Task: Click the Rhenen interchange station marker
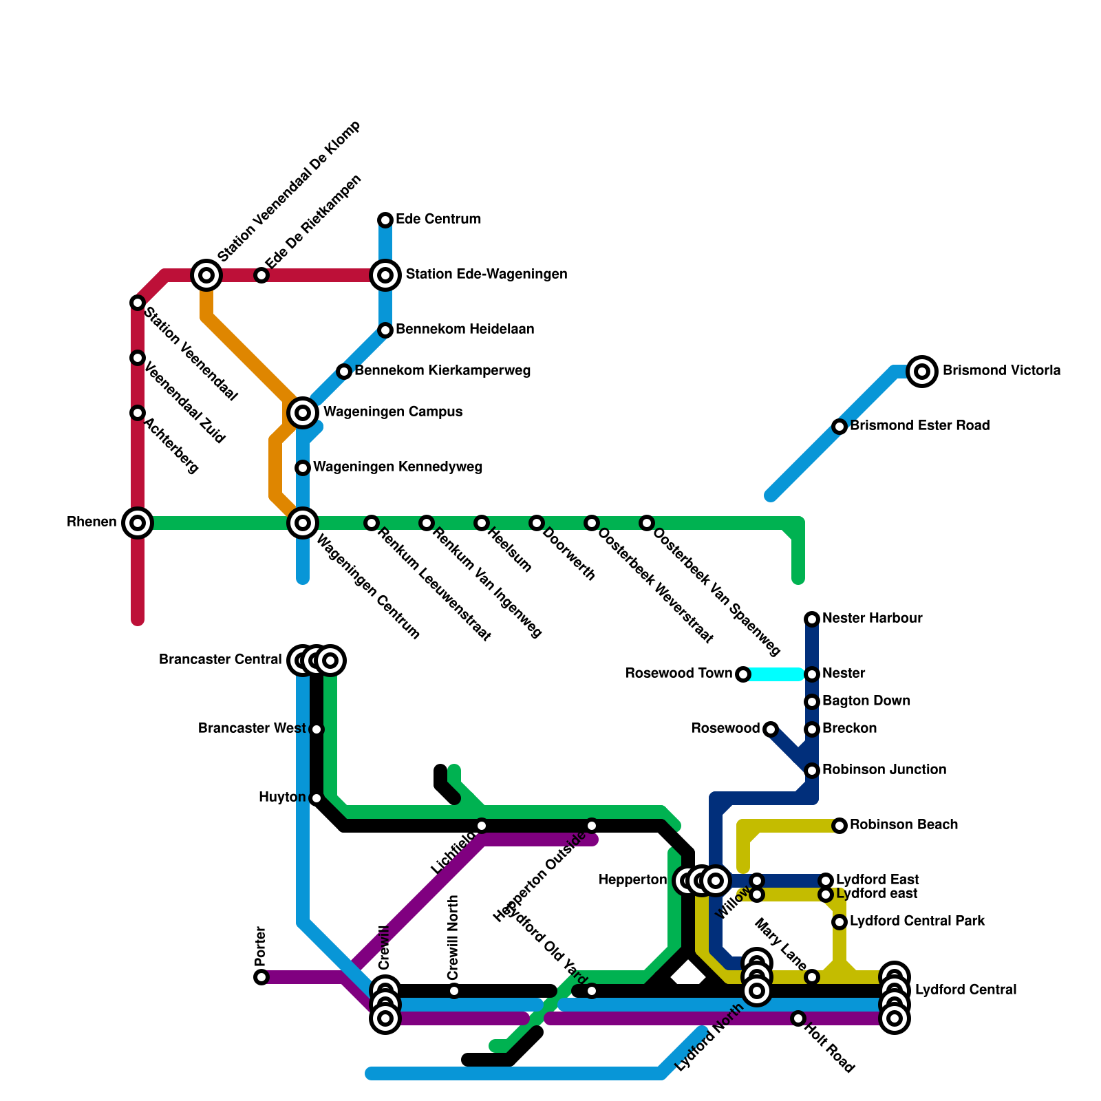coord(138,523)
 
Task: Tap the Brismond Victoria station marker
coord(922,372)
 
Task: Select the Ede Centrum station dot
coord(385,220)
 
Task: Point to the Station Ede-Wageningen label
coord(486,275)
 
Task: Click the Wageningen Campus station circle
coord(303,413)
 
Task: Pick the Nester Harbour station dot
coord(812,619)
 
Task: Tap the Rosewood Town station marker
coord(743,674)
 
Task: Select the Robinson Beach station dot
coord(840,826)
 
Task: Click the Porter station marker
coord(261,977)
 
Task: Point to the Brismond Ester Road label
coord(919,426)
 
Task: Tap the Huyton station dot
coord(317,798)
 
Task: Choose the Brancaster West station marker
coord(317,729)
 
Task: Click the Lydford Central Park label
coord(917,921)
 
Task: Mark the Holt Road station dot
coord(798,1018)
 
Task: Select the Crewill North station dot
coord(454,991)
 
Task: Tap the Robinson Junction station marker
coord(812,771)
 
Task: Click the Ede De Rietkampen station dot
coord(261,275)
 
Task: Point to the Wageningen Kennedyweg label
coord(398,467)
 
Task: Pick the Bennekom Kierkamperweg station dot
coord(344,372)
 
